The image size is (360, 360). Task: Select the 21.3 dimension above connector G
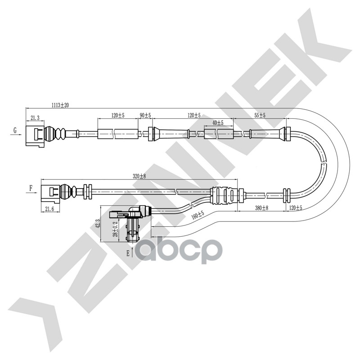(35, 118)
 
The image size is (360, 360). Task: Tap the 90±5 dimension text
(145, 116)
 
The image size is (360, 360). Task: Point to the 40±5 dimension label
(218, 122)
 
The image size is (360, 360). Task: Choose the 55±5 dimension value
(260, 116)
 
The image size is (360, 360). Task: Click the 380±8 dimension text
(261, 208)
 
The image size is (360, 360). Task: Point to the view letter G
(15, 130)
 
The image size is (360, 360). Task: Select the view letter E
(128, 254)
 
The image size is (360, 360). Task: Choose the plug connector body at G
(35, 135)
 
